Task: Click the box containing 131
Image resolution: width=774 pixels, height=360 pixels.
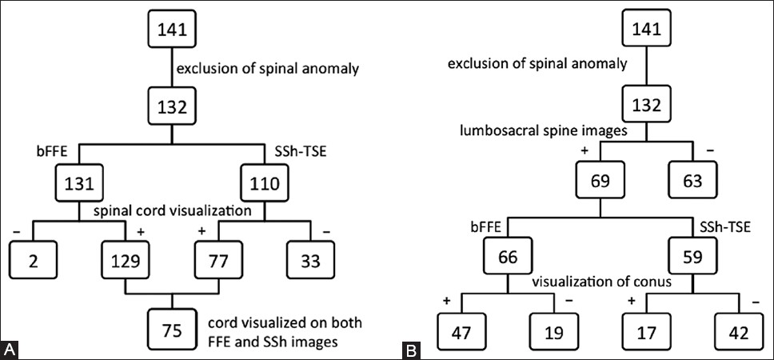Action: coord(78,182)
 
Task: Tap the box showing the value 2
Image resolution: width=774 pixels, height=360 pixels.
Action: coord(30,260)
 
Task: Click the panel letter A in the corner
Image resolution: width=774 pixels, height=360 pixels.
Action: coord(10,350)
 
